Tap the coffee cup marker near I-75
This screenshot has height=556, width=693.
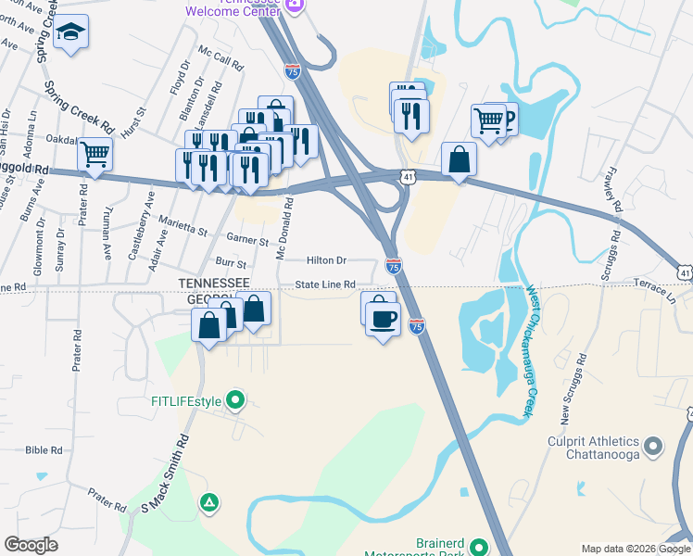383,320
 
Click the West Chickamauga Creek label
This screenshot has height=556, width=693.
532,351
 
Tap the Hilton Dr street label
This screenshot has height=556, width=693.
326,261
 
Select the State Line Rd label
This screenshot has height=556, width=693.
326,284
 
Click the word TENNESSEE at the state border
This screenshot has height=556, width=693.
214,283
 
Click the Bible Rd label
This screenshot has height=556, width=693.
44,450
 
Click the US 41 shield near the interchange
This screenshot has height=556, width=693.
409,174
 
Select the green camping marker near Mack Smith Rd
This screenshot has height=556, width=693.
210,502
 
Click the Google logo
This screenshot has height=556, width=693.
31,545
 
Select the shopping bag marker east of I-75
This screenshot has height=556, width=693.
459,159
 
